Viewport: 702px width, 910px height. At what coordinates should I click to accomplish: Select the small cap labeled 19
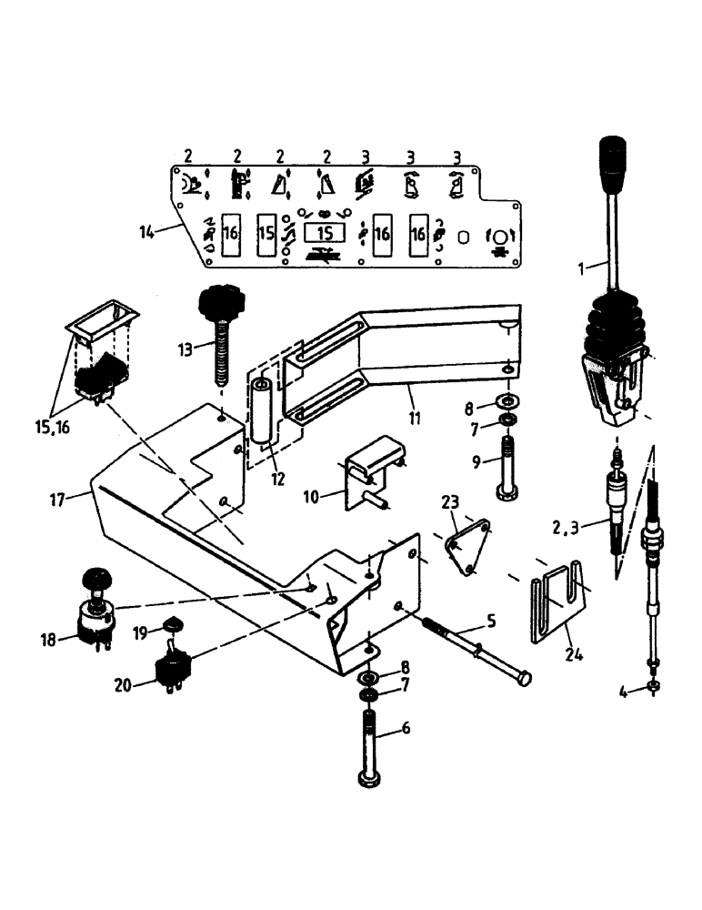(x=170, y=624)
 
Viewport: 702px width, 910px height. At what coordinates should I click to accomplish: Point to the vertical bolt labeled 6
(x=373, y=749)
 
